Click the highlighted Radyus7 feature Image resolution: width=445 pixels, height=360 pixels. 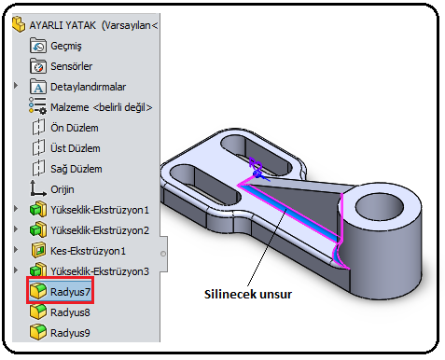(x=60, y=292)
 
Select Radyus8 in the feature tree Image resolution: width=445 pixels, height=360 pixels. (x=60, y=312)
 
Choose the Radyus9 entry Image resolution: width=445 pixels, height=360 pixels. (x=60, y=333)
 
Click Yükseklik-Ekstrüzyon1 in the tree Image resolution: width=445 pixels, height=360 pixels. (x=90, y=210)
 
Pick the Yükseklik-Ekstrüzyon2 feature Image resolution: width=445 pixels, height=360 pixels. (x=90, y=230)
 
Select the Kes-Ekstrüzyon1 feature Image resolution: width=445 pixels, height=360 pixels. (x=78, y=251)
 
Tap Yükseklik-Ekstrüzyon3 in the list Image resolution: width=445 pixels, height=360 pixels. (x=90, y=271)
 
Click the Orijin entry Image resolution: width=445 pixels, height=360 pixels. (x=52, y=189)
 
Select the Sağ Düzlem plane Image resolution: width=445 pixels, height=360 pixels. (x=66, y=169)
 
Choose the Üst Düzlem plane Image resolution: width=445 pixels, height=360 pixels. (x=65, y=148)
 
